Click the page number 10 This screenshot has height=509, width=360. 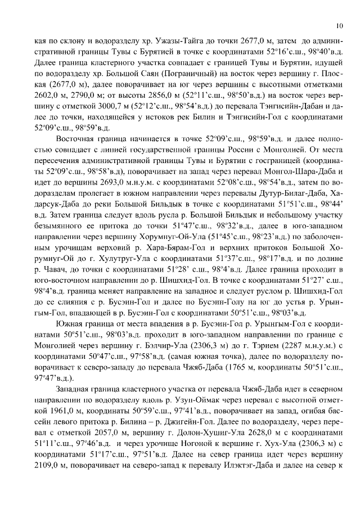[x=340, y=25]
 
